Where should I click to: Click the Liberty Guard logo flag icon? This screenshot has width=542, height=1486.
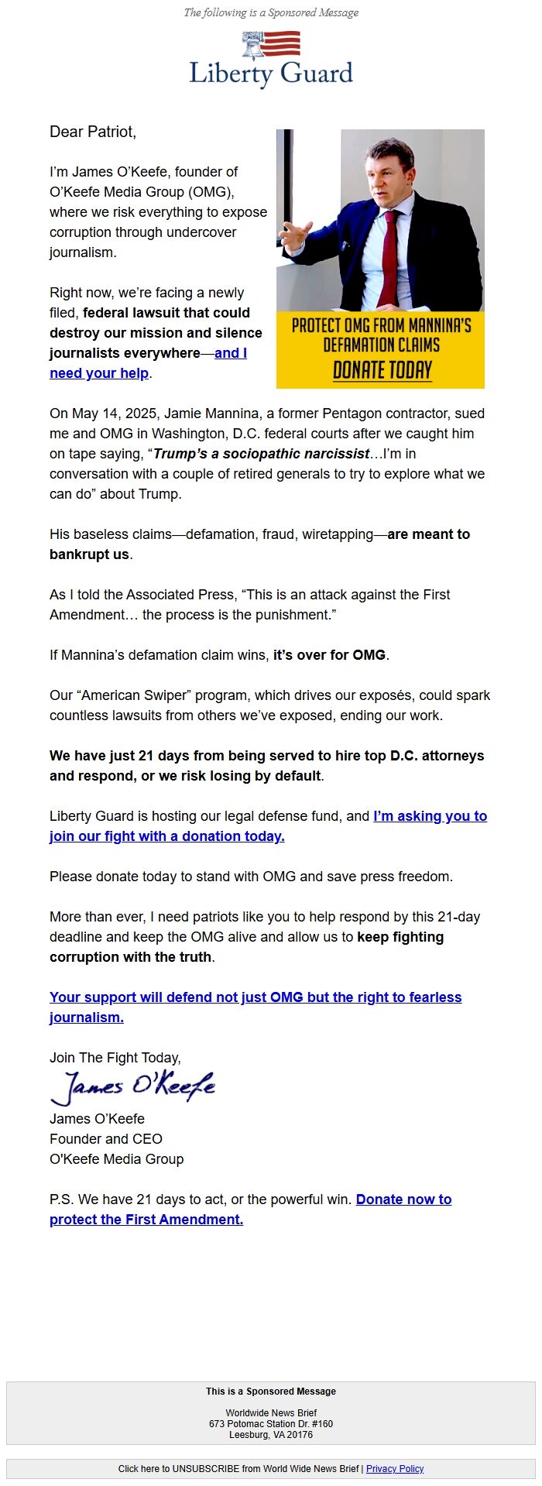[271, 45]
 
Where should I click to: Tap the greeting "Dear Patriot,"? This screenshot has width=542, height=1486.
[93, 132]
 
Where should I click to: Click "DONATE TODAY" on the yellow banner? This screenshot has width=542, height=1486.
[382, 370]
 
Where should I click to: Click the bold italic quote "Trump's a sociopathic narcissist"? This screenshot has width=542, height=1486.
[261, 454]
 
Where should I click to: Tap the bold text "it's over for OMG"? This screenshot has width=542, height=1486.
[329, 655]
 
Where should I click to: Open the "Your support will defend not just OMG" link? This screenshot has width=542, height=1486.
[256, 997]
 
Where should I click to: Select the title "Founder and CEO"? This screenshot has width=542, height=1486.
[106, 1139]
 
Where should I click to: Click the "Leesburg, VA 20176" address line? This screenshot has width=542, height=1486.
[271, 1435]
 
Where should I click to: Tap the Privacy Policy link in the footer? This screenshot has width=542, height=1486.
[395, 1469]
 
